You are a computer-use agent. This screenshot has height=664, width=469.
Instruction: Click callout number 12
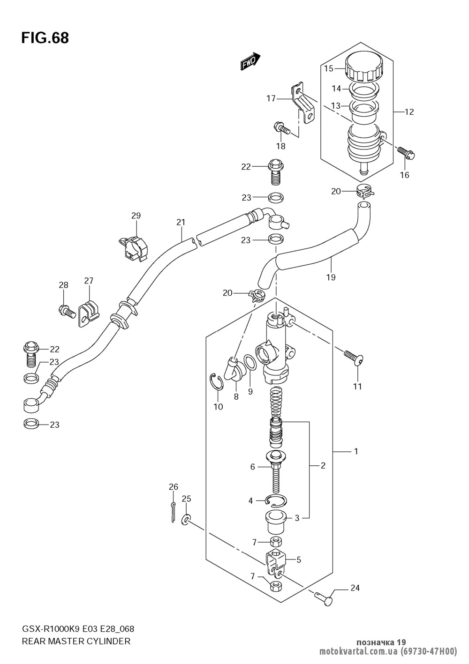[x=409, y=112]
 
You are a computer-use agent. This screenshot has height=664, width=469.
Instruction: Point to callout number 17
[x=271, y=98]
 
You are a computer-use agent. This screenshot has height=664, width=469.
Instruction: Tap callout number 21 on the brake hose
[x=181, y=222]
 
